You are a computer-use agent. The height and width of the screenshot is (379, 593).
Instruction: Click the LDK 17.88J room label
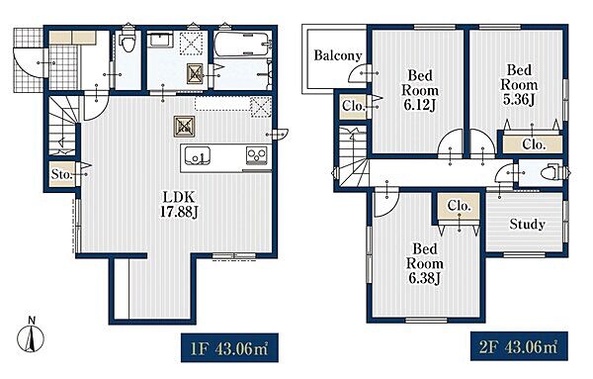point(179,205)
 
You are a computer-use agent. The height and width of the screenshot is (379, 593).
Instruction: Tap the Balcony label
point(338,55)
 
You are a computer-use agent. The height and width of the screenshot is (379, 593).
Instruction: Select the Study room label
point(527,225)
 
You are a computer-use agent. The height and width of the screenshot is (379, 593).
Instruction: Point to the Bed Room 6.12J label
point(420,90)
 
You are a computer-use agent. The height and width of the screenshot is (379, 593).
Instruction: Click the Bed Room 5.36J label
point(519,85)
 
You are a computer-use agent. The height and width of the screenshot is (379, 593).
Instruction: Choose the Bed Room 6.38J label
point(425,263)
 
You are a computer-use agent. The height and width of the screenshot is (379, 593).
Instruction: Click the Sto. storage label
point(61,174)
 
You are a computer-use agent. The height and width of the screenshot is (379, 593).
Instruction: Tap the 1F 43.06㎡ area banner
point(229,347)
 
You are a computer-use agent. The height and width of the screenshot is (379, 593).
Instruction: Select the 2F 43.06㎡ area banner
point(519,346)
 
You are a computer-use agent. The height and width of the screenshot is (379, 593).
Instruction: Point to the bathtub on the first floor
point(242,44)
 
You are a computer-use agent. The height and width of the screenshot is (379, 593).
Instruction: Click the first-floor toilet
point(127,41)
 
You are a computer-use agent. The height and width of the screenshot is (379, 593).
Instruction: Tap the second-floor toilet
point(551,173)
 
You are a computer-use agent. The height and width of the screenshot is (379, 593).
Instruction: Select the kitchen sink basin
point(198,154)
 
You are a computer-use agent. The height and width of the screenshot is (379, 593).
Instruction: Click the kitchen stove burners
point(257,154)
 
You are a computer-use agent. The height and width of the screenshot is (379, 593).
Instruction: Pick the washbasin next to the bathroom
point(160,40)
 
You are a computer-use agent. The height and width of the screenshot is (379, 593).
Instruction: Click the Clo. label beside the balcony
point(353,106)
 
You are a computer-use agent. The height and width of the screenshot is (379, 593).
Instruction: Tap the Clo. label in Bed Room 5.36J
point(534,144)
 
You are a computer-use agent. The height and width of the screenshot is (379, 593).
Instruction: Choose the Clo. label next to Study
point(459,206)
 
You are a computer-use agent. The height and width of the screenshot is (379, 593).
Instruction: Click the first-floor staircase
point(63,125)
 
